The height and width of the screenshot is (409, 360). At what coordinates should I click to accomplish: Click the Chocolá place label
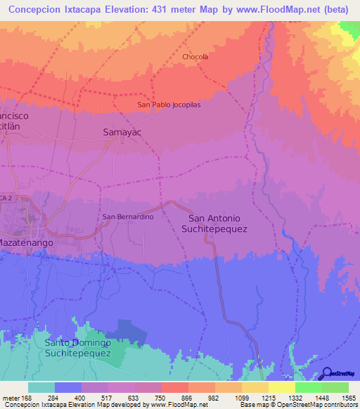(x=195, y=56)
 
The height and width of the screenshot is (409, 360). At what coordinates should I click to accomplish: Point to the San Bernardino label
(x=128, y=216)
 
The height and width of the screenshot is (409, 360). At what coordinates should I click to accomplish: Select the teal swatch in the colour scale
(x=41, y=387)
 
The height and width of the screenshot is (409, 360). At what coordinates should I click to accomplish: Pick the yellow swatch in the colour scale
(x=281, y=387)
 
